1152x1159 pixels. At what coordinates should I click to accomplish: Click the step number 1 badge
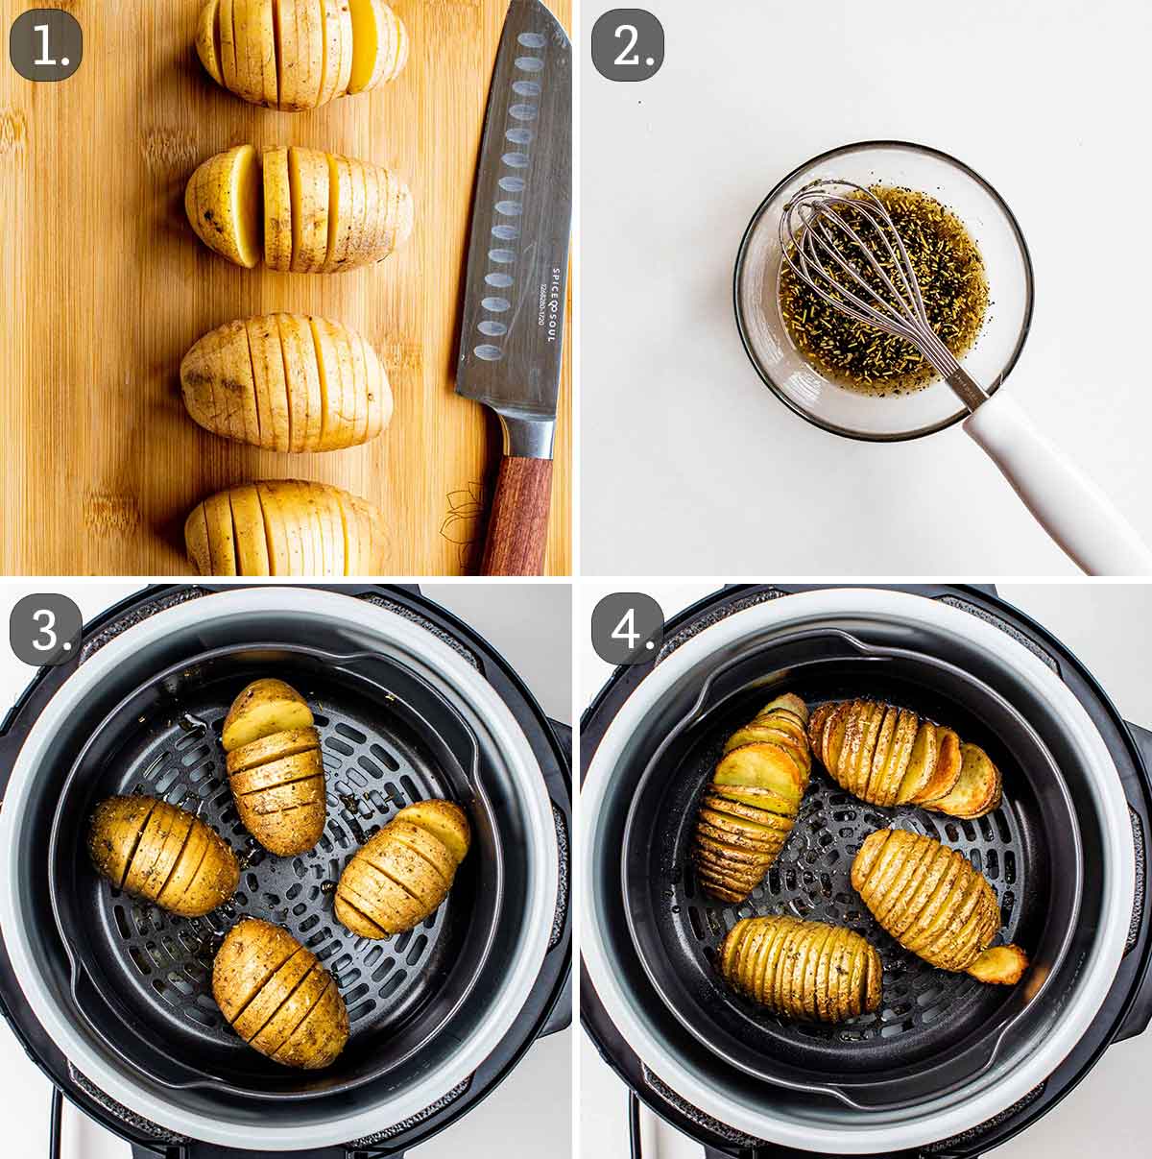[46, 45]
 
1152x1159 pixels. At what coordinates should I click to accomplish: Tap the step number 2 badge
[627, 45]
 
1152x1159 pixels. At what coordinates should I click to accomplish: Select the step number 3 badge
[46, 629]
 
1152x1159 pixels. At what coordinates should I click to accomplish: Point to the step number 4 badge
[627, 629]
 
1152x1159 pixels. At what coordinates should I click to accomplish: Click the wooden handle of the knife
[517, 514]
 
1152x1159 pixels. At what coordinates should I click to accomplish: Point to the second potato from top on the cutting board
[299, 207]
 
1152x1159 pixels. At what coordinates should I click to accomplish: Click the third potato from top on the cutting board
[287, 381]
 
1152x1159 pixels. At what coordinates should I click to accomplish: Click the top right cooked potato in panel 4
[902, 754]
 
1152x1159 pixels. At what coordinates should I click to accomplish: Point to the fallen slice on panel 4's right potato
[998, 963]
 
